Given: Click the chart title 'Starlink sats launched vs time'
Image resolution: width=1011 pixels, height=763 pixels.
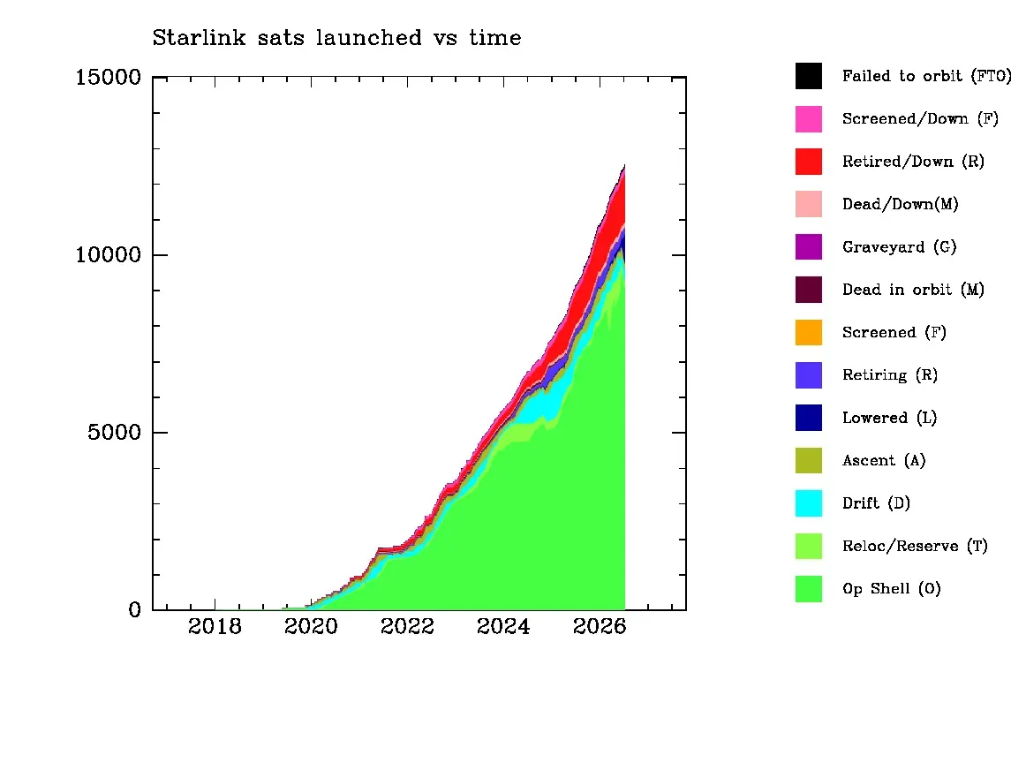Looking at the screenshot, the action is (x=336, y=37).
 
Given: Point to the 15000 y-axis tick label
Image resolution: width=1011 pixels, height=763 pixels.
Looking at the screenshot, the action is (x=109, y=78).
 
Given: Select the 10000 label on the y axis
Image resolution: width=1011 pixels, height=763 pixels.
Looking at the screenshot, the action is (x=109, y=254).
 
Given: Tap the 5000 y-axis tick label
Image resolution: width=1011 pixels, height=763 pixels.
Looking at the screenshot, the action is (x=114, y=432).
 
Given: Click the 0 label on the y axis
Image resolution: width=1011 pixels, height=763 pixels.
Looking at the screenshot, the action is (x=135, y=609).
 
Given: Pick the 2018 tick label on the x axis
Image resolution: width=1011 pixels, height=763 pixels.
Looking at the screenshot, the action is (x=215, y=626).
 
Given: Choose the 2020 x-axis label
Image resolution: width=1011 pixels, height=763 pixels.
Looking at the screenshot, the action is (x=311, y=626).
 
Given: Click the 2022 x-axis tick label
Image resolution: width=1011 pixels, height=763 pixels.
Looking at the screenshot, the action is (x=407, y=626).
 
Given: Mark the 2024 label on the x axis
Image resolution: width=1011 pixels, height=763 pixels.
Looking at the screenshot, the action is (x=503, y=626).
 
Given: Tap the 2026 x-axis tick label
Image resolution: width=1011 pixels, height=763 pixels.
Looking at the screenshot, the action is (x=600, y=626).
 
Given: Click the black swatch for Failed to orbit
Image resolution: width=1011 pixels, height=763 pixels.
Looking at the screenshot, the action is (x=809, y=76).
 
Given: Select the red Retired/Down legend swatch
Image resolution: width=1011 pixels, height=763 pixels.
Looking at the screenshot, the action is (x=809, y=162).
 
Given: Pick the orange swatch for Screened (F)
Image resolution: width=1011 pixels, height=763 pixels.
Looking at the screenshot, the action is (x=809, y=332).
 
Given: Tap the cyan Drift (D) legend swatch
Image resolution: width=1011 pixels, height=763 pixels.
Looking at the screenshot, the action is (x=809, y=503).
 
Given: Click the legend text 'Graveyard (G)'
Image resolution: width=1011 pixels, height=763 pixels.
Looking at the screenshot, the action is (x=900, y=247).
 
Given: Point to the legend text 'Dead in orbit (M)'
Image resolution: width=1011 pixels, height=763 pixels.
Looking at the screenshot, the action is (x=913, y=290).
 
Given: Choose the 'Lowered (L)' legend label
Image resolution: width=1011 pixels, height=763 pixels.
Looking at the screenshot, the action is (x=890, y=418).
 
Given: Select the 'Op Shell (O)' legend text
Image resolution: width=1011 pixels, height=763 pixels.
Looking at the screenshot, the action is (x=892, y=589).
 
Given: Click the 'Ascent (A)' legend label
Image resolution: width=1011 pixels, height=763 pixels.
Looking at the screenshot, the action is (x=884, y=460).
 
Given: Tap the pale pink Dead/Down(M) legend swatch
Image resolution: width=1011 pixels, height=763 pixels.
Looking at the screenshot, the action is (x=809, y=204).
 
